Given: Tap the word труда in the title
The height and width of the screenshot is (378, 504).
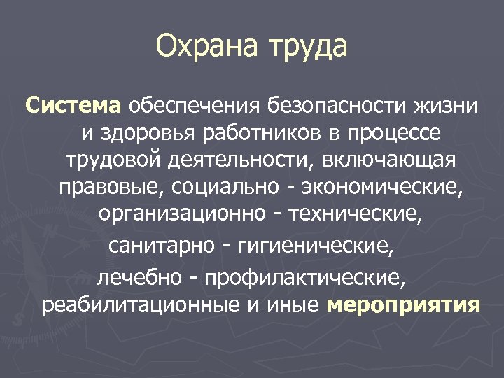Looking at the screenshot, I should [x=306, y=48].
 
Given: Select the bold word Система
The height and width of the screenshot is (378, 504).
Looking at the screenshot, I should [x=73, y=106].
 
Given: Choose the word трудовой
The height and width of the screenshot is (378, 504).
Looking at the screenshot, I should [x=113, y=160].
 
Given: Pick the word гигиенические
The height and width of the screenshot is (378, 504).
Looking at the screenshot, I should [x=316, y=246].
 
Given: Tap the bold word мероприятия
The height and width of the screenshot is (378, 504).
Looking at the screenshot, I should [x=403, y=306].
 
